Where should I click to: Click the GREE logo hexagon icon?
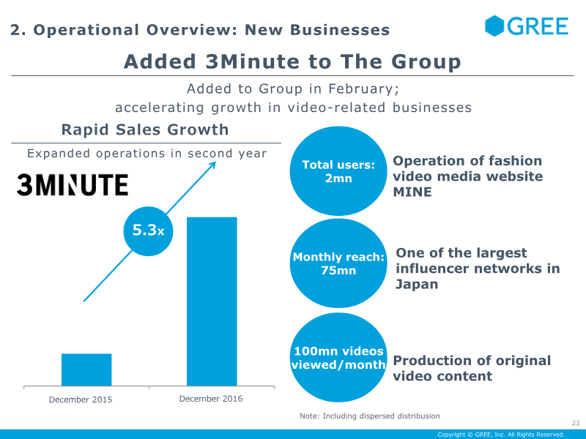pos(494,26)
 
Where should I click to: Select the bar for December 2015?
pos(86,369)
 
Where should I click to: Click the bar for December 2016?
pos(212,301)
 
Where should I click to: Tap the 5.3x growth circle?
pos(149,231)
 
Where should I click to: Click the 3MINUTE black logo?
pos(73,184)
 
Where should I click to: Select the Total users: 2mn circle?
pos(338,171)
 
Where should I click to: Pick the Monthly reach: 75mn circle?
pos(338,263)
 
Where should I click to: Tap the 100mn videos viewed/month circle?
pos(338,357)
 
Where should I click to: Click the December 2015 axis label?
pos(81,399)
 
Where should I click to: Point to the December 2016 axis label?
pos(211,399)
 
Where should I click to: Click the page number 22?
pos(576,423)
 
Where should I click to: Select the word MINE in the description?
pos(412,192)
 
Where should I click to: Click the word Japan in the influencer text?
pos(417,285)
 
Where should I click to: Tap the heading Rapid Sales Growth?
pos(145,130)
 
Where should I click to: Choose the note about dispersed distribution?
pos(370,416)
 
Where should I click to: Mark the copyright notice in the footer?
pos(501,435)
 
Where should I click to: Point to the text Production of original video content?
pos(472,368)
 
